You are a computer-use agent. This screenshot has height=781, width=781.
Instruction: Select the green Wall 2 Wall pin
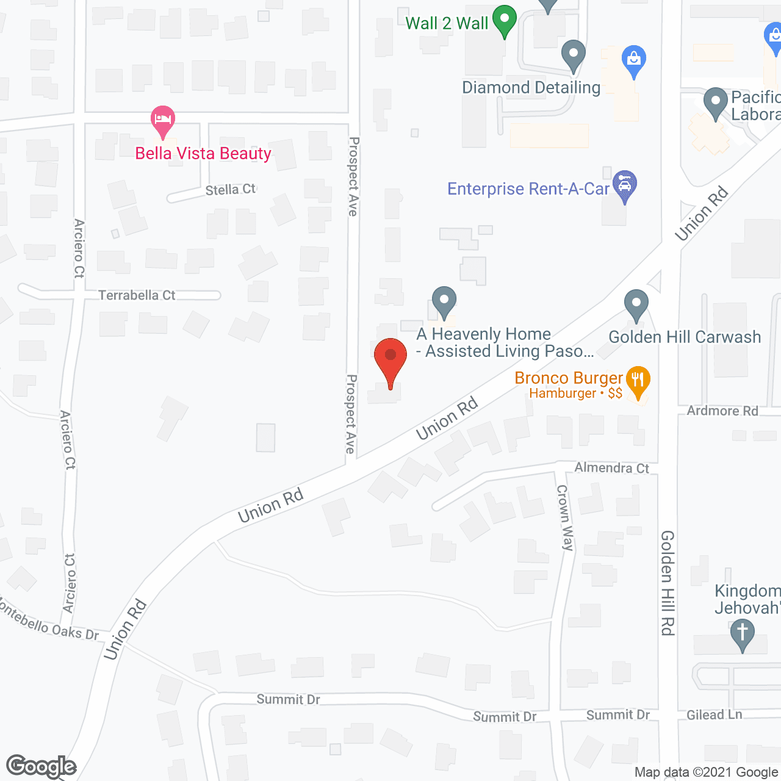point(505,20)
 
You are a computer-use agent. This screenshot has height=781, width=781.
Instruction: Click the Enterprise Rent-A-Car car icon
point(625,185)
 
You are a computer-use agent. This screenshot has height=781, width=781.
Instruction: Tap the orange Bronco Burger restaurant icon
point(638,381)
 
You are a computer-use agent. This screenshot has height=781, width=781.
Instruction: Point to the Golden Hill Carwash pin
point(636,304)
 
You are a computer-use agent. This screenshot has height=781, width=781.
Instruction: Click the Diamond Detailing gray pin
point(573,55)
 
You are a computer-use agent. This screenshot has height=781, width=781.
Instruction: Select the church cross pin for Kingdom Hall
point(743,634)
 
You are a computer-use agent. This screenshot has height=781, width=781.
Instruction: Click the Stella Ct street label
point(231,190)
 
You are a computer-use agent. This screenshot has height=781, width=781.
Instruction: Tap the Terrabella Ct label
point(137,295)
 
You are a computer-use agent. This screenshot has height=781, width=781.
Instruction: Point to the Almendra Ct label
point(611,468)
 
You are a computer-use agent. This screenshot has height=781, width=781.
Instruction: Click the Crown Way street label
point(565,517)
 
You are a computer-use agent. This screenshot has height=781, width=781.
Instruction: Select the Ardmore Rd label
point(722,411)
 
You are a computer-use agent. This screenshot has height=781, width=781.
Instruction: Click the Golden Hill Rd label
point(668,583)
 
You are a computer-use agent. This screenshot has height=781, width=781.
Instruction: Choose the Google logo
point(41,766)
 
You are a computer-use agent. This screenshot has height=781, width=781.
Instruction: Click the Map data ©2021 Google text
point(707,772)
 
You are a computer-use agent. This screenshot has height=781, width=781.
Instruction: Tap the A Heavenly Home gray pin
point(444,301)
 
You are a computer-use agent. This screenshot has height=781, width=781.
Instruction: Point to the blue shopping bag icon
point(634,60)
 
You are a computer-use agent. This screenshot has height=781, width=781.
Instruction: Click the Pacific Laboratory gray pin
point(716,103)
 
